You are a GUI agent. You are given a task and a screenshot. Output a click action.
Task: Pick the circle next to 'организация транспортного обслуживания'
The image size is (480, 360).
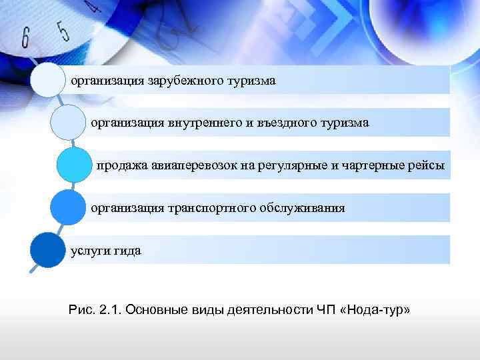(67, 207)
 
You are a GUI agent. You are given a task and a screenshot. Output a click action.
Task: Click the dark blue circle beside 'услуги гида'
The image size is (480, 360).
(47, 250)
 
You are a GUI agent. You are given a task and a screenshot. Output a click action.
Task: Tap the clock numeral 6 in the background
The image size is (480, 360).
(26, 38)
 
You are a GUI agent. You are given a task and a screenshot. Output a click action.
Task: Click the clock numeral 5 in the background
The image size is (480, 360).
(63, 30)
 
